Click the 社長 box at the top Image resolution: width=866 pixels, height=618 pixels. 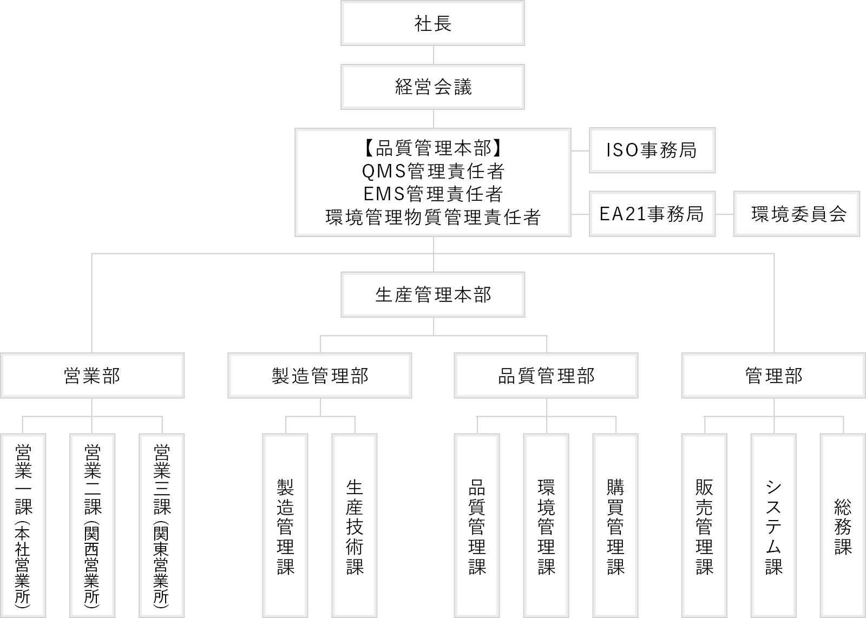coord(432,23)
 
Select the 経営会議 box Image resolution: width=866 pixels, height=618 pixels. coord(432,87)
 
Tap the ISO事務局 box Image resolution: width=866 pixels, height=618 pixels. coord(652,150)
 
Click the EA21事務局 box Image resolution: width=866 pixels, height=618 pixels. coord(652,214)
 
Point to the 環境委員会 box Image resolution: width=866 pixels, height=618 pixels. coord(797,214)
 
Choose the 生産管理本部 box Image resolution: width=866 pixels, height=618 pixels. coord(432,295)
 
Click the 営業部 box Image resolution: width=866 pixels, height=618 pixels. coord(92,375)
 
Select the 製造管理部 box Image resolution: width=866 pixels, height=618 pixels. coord(320,375)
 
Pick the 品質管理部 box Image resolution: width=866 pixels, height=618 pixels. coord(546,375)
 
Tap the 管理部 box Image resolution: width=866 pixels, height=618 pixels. coord(773,375)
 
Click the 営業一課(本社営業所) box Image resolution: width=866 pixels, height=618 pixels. coord(23,525)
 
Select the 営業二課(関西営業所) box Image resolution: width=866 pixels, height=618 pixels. coord(92,525)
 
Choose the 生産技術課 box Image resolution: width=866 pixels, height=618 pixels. coord(355,525)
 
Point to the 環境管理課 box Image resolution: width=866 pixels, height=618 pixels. coord(546,525)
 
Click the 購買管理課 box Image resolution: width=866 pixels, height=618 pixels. coord(615,525)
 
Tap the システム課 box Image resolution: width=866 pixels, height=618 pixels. coord(773,525)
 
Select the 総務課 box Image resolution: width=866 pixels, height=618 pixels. coord(843,525)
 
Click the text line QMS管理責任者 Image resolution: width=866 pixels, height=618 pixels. coord(433,171)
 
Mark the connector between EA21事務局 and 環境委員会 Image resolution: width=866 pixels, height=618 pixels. coord(725,214)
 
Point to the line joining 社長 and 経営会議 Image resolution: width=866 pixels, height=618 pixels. coord(433,55)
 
